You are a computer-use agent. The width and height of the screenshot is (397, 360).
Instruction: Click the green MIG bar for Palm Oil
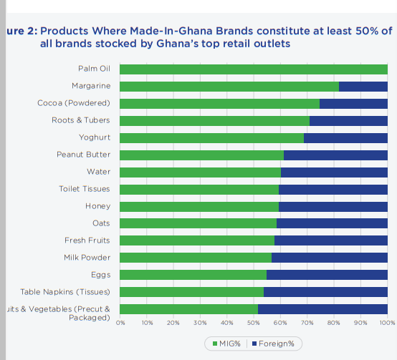point(253,69)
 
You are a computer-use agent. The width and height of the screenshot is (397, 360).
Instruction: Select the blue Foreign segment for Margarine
point(363,87)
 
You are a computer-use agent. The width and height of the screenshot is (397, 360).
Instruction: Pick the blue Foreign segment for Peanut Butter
point(335,155)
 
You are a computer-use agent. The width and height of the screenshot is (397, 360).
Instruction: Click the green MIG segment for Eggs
point(193,275)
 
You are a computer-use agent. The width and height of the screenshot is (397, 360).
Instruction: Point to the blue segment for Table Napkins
point(325,292)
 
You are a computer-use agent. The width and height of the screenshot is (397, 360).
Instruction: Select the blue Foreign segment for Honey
point(333,207)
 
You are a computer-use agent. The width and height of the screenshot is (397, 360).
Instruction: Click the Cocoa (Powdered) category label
point(74,103)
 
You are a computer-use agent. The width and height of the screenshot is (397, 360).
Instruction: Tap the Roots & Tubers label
point(81,120)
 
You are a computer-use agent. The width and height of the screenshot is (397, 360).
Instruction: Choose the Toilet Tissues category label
point(85,189)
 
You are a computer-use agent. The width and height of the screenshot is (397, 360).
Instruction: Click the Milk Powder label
point(87,258)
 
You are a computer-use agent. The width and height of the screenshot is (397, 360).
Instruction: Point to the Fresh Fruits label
point(87,240)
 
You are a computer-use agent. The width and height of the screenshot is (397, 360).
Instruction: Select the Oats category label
point(101,223)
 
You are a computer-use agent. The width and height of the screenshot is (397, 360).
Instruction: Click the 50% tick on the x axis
point(254,323)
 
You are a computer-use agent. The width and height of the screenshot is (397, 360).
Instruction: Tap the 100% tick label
point(387,323)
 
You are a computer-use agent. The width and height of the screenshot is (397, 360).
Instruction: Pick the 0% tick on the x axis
point(120,323)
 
